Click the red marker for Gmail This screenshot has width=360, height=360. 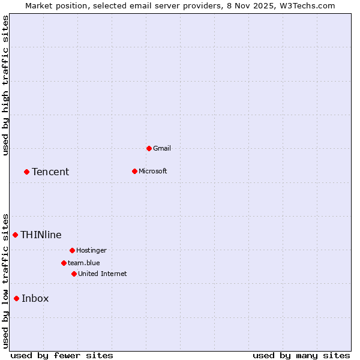[x=149, y=148]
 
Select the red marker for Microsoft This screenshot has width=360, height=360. [x=134, y=171]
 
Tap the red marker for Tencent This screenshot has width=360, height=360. [x=26, y=172]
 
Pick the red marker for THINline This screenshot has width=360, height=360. [x=15, y=235]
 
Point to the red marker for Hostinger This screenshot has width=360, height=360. [x=72, y=250]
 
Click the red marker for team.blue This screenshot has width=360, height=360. [x=64, y=263]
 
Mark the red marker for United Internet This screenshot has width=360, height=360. [x=74, y=274]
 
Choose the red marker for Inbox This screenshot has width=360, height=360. [x=16, y=298]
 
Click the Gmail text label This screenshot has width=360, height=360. [x=162, y=148]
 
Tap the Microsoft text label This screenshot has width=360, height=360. [x=153, y=171]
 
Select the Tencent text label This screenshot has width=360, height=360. [x=50, y=172]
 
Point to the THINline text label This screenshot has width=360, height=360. [x=41, y=235]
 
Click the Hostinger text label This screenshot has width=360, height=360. [x=91, y=250]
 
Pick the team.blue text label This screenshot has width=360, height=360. [x=84, y=263]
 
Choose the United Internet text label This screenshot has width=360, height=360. [x=103, y=274]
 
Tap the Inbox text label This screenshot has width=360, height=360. [x=35, y=298]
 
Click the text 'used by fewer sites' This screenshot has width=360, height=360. [x=62, y=355]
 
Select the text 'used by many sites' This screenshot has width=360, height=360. [x=301, y=355]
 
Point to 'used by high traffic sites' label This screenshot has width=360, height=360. [x=5, y=85]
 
